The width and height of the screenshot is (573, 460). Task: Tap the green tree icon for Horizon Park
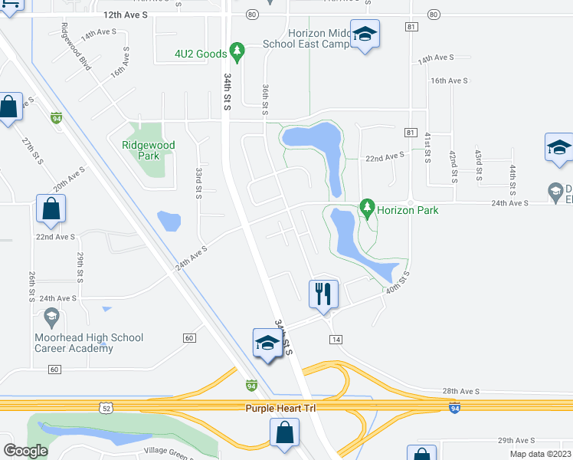tap(367, 207)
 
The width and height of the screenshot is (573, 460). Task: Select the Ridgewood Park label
tap(149, 149)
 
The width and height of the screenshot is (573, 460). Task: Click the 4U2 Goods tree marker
tap(237, 51)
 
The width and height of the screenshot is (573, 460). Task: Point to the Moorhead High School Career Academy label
tap(89, 343)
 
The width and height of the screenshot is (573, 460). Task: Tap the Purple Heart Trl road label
tap(280, 409)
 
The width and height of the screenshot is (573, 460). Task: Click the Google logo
tap(25, 450)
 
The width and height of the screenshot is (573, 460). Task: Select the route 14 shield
tap(335, 339)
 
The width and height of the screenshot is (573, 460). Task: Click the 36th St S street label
tap(264, 100)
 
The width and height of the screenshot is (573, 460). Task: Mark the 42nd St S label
tap(453, 165)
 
